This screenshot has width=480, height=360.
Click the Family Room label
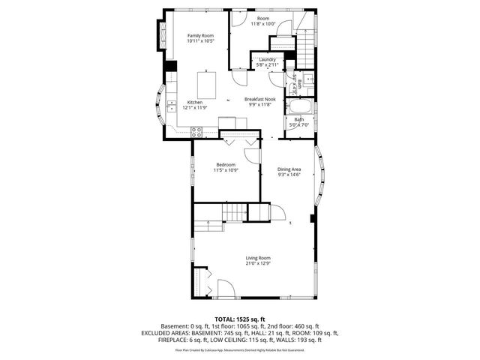tap(200, 35)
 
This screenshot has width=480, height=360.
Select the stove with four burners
tap(196, 130)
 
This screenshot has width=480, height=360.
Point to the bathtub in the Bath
tap(300, 106)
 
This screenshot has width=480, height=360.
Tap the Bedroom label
tap(226, 164)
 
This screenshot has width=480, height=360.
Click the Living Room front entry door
tap(224, 288)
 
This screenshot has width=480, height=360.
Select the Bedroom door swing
tap(252, 153)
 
